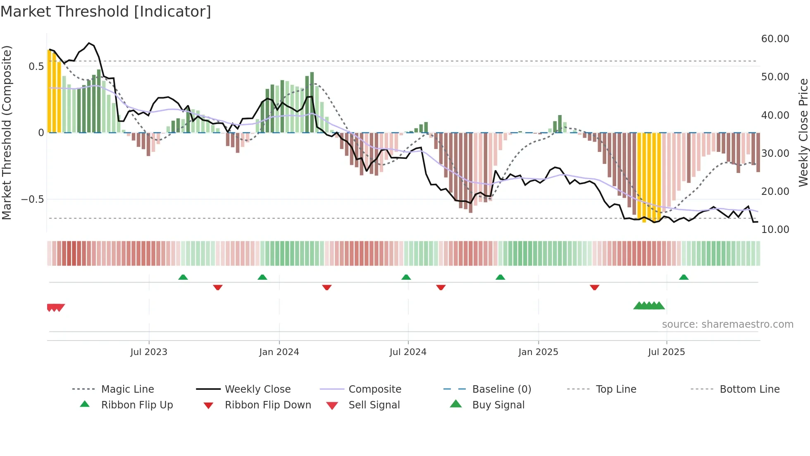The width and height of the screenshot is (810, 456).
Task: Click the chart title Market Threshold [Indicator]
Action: pyautogui.click(x=106, y=12)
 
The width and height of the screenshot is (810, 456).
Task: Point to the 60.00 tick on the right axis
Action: pyautogui.click(x=775, y=39)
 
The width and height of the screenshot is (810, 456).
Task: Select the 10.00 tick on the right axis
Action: pyautogui.click(x=775, y=230)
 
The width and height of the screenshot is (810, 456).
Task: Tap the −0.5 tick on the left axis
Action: pyautogui.click(x=33, y=199)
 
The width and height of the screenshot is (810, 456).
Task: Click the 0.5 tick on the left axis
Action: pyautogui.click(x=36, y=67)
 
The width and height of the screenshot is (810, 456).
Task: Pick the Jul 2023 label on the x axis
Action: pyautogui.click(x=149, y=352)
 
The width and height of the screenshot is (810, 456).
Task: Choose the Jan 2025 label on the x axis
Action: pyautogui.click(x=538, y=352)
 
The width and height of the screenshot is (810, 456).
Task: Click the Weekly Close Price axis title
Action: pyautogui.click(x=803, y=132)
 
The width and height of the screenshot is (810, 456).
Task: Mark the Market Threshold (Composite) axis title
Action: pyautogui.click(x=7, y=132)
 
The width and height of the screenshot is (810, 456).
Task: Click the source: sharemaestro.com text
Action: pyautogui.click(x=727, y=324)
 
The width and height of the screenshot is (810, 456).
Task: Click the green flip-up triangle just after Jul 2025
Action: pyautogui.click(x=684, y=277)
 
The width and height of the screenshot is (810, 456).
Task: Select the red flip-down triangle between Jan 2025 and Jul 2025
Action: pyautogui.click(x=595, y=287)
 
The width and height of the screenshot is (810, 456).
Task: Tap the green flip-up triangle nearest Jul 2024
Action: pyautogui.click(x=406, y=277)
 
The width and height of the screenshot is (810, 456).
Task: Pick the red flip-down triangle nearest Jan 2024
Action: pyautogui.click(x=326, y=287)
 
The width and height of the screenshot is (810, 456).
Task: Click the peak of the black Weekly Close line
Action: pyautogui.click(x=89, y=43)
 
